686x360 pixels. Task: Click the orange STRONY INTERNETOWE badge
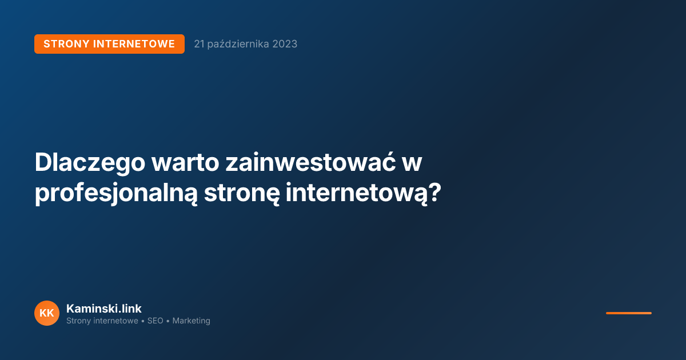109,44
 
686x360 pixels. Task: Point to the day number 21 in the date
200,44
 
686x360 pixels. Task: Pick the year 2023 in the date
285,44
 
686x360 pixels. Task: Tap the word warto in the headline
185,163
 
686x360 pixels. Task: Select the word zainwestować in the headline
304,163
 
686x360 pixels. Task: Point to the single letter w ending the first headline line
411,163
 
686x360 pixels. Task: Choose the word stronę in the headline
242,193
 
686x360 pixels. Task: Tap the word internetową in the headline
356,193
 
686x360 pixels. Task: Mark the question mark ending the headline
435,193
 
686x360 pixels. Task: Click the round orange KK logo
47,313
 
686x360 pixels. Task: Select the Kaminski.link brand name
104,309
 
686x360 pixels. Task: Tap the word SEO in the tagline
155,321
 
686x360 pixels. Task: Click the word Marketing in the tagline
192,321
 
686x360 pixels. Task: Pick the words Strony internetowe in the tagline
102,321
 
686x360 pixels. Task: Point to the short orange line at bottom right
628,313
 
